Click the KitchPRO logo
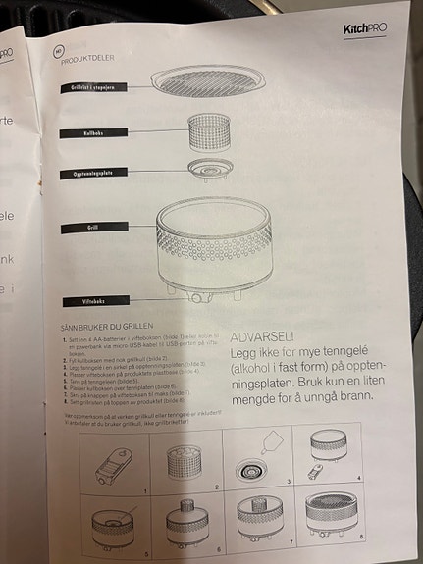click(364, 28)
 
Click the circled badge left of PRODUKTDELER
click(58, 48)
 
